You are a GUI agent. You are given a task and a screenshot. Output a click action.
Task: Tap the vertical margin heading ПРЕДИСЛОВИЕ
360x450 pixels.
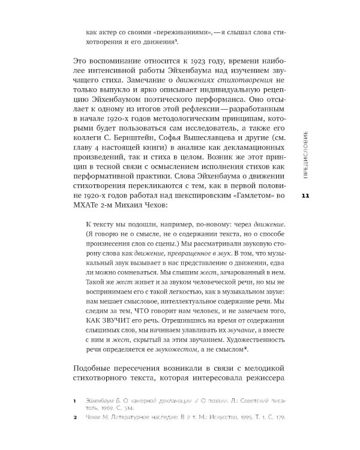[x=305, y=155]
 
